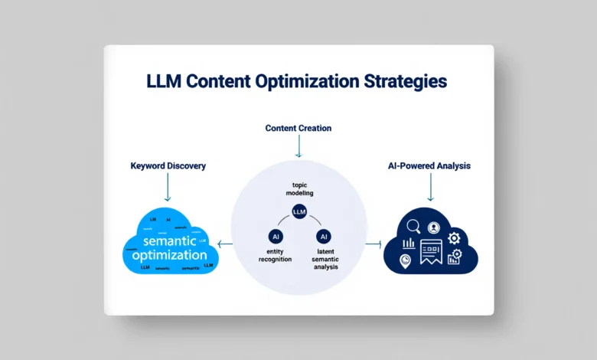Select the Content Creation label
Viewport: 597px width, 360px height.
coord(298,128)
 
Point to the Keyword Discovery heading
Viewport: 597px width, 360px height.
coord(168,165)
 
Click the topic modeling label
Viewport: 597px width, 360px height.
coord(298,189)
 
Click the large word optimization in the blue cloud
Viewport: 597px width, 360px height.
coord(169,255)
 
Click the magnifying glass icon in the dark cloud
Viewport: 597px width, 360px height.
coord(413,226)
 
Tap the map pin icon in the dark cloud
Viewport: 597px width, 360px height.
coord(406,261)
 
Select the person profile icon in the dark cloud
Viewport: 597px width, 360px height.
coord(433,227)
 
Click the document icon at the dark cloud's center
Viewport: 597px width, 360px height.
coord(430,250)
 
